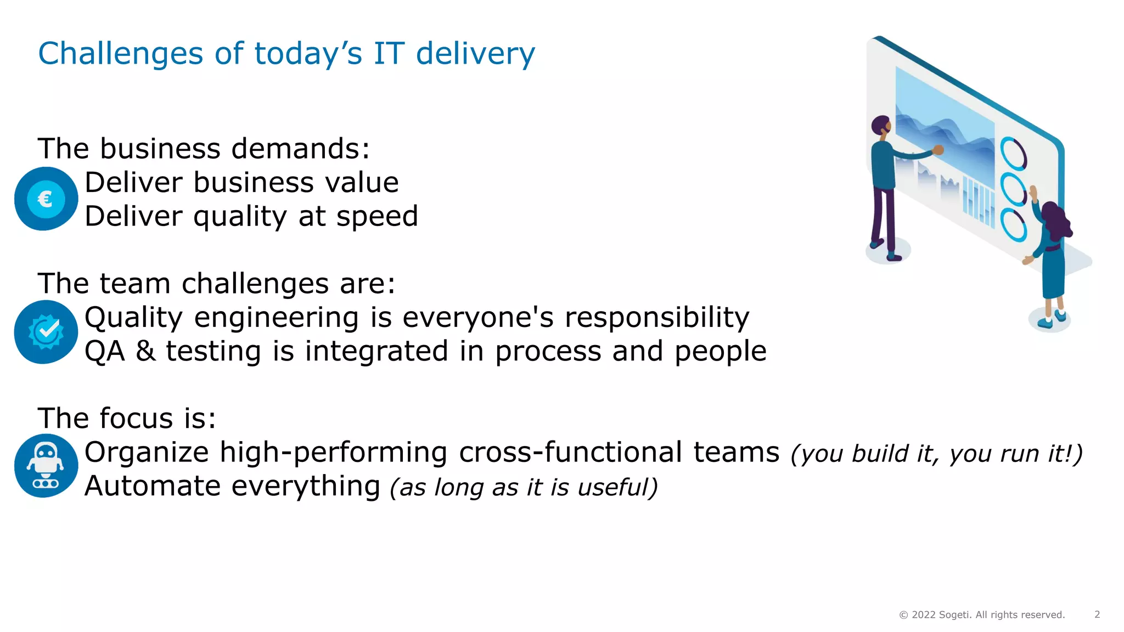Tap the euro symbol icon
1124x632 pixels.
point(46,199)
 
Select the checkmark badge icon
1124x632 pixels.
point(46,331)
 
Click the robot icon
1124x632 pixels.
point(46,465)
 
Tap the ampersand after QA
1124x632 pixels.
point(145,351)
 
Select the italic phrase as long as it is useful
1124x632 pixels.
point(524,487)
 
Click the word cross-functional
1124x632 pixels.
point(571,453)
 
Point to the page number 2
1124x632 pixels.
point(1097,614)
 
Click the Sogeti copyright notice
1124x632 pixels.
point(981,614)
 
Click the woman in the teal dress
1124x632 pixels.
point(1053,258)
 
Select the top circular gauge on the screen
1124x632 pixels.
point(1013,153)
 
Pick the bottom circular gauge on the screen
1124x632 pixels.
point(1013,224)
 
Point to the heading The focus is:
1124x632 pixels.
point(127,419)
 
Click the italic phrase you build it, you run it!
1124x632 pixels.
point(936,454)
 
